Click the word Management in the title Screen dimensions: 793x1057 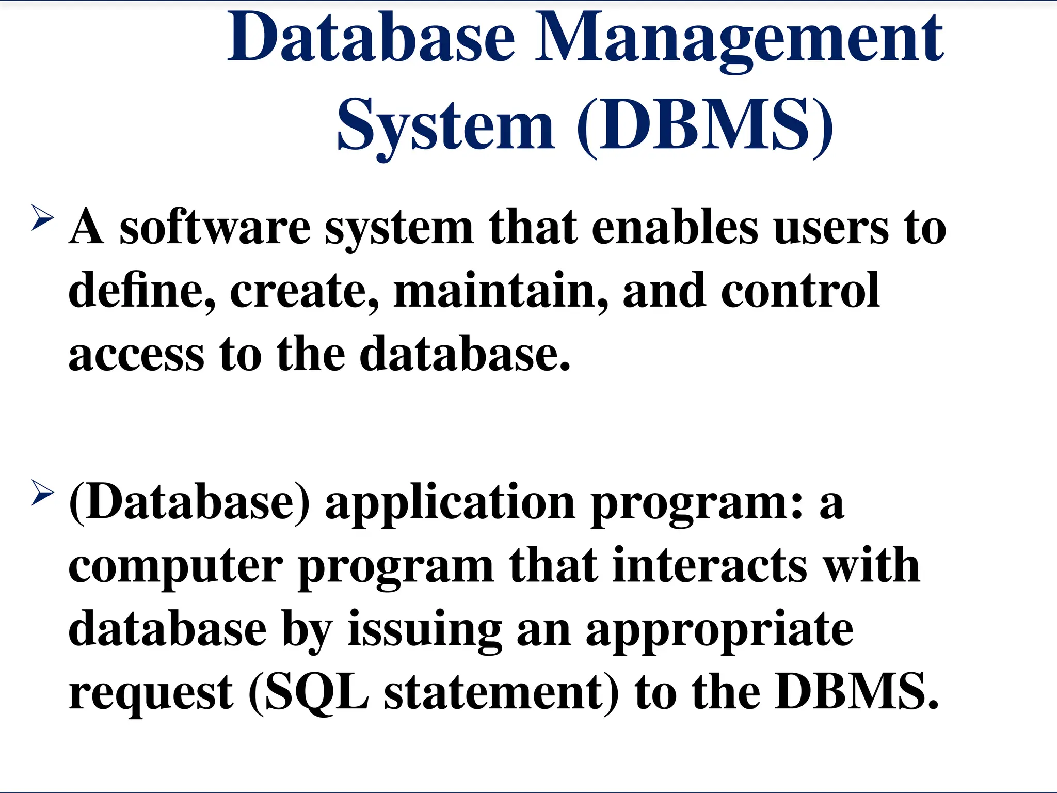pyautogui.click(x=739, y=39)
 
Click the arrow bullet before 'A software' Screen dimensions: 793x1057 pyautogui.click(x=42, y=217)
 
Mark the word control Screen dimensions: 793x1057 pyautogui.click(x=800, y=290)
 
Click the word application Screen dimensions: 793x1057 pyautogui.click(x=450, y=504)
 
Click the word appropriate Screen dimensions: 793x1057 pyautogui.click(x=719, y=630)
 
